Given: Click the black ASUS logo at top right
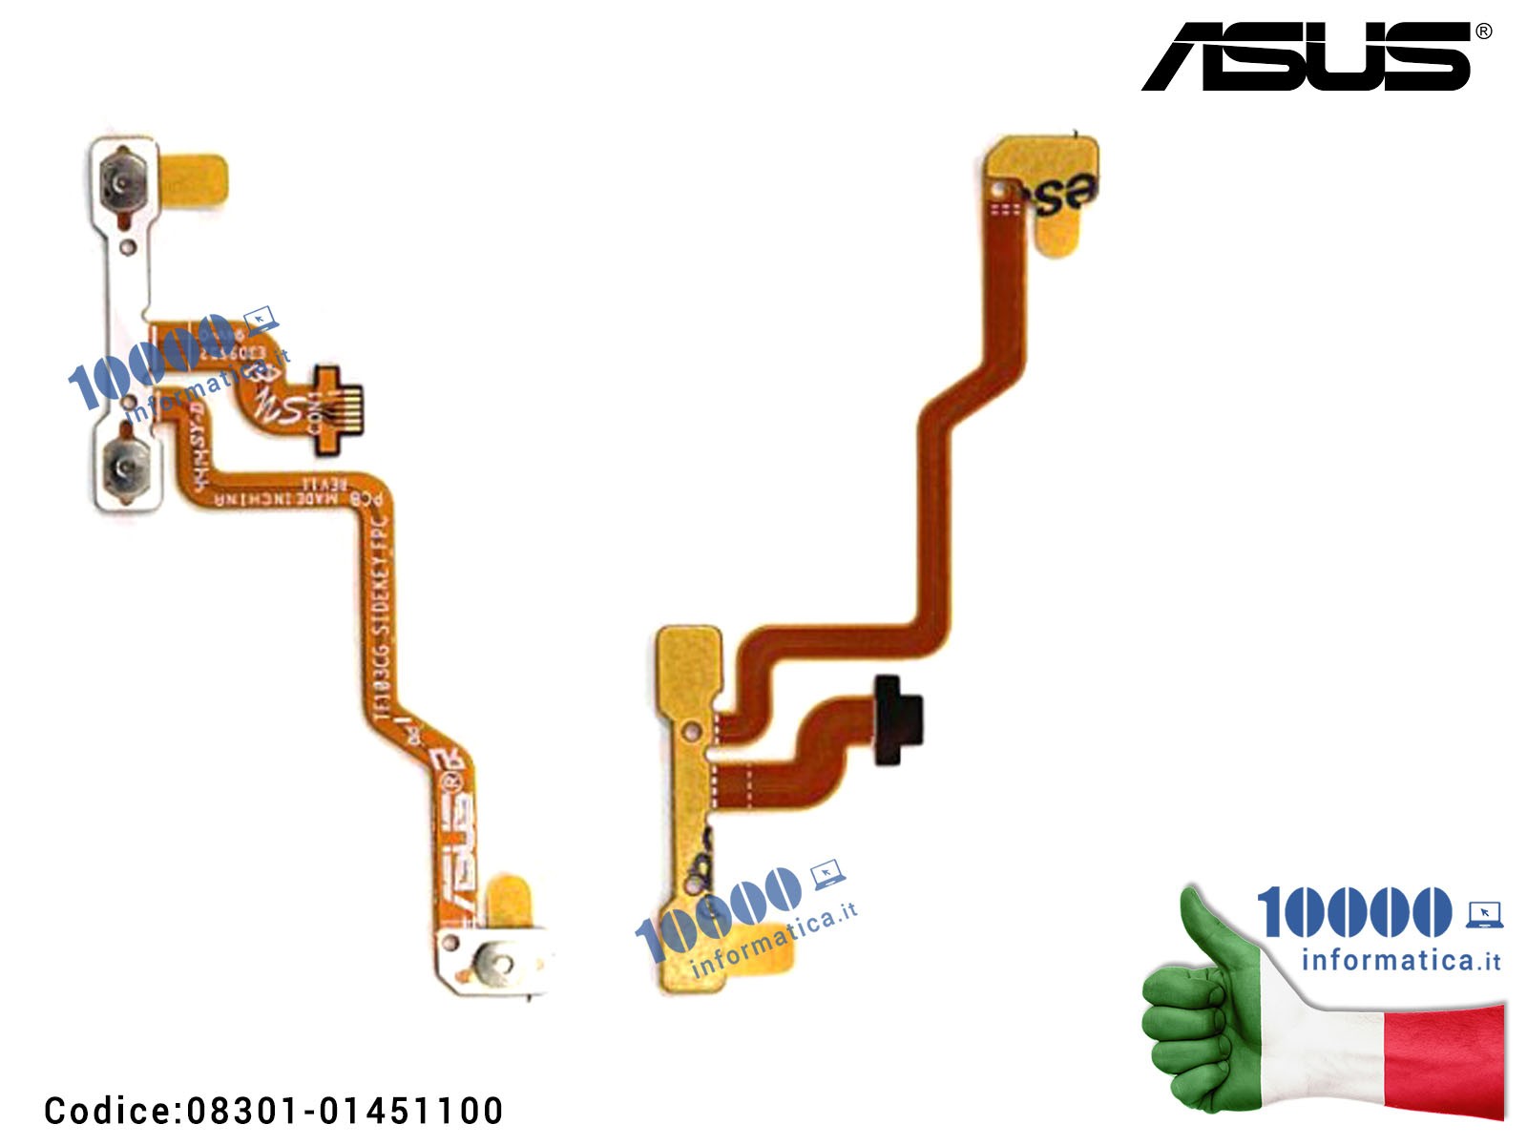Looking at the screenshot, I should (1307, 57).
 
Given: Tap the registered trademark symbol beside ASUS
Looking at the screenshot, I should (1483, 31).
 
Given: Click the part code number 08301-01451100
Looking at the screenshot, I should (345, 1111).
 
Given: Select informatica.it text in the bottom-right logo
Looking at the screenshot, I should (1400, 960).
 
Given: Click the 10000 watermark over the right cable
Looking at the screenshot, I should (721, 911).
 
